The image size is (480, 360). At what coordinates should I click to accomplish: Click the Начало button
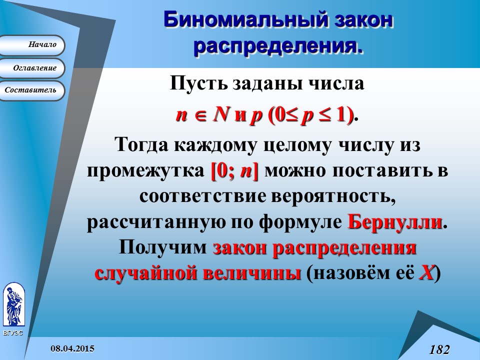(x=32, y=45)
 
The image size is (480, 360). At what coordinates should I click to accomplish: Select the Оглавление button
(x=32, y=68)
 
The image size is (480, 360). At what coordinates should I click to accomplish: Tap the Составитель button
(x=32, y=90)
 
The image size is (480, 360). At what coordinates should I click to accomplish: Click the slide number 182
(x=439, y=349)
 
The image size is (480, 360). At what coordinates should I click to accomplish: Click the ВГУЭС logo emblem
(x=13, y=304)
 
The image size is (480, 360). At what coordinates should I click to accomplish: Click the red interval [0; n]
(x=234, y=170)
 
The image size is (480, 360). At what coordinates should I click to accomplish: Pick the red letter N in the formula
(x=219, y=115)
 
